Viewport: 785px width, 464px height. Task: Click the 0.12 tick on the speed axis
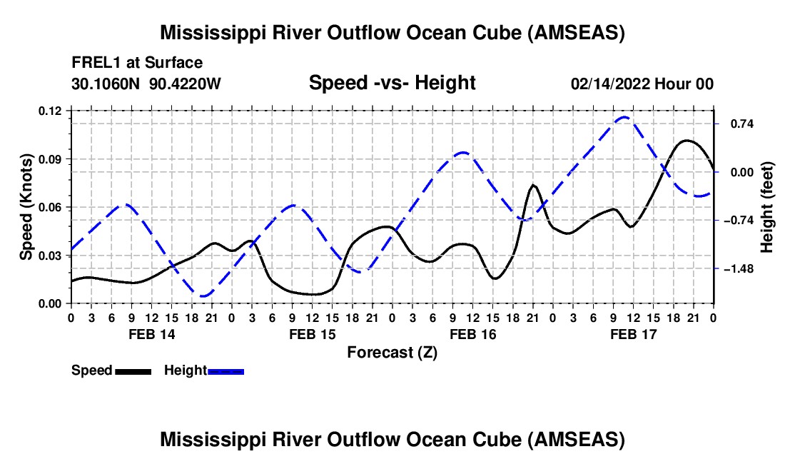pos(50,111)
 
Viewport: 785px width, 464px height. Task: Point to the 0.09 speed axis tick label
pos(50,158)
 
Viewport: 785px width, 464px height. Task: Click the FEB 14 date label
pos(151,334)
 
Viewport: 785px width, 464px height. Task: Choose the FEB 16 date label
pos(472,334)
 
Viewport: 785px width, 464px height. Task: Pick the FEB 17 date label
pos(633,334)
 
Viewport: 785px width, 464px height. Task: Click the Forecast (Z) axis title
pos(392,352)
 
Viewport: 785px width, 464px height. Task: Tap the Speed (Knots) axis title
pos(26,207)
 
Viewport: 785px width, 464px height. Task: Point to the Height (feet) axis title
pos(767,207)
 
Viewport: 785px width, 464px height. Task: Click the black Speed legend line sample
pos(133,370)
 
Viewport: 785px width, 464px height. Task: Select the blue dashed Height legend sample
pos(226,370)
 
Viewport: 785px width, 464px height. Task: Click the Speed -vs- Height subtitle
pos(392,83)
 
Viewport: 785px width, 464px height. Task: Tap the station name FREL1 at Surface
pos(137,63)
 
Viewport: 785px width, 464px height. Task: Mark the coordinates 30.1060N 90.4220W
pos(146,84)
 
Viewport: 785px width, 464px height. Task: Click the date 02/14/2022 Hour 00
pos(642,84)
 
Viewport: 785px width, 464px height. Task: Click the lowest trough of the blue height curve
pos(204,295)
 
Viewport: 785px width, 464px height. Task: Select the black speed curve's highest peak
pos(687,141)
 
